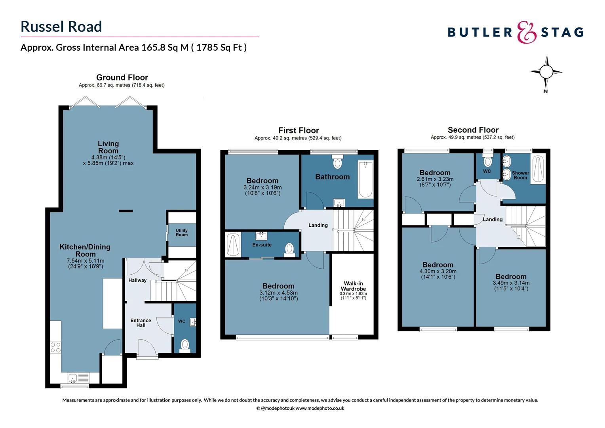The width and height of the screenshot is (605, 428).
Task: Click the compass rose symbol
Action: point(546,72)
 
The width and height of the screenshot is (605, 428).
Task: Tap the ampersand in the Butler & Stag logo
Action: point(527,32)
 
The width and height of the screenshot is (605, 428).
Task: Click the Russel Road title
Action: point(61,27)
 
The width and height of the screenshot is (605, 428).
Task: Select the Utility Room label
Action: point(182,233)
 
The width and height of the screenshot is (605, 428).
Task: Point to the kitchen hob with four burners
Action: point(55,348)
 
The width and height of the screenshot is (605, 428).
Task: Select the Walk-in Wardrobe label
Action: point(353,286)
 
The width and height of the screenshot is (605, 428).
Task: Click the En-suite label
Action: point(262,245)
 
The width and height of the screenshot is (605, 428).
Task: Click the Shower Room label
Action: point(520,175)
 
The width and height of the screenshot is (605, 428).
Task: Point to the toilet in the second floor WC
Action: point(488,161)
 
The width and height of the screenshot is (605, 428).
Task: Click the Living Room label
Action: point(108,147)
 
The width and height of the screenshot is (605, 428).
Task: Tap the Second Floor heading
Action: point(473,130)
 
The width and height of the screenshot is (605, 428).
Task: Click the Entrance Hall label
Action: point(141,323)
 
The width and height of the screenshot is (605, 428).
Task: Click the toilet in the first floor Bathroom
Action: point(337,162)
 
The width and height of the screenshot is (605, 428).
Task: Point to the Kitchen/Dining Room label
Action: point(85,250)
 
